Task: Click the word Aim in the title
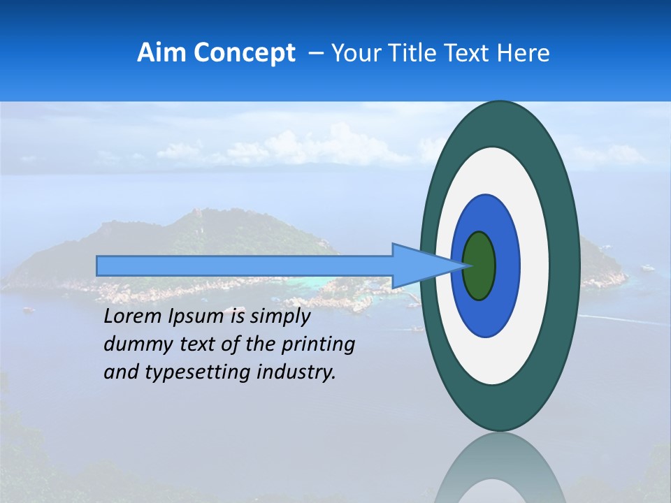162,53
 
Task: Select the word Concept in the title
244,53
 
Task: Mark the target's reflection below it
500,468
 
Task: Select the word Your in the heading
354,53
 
